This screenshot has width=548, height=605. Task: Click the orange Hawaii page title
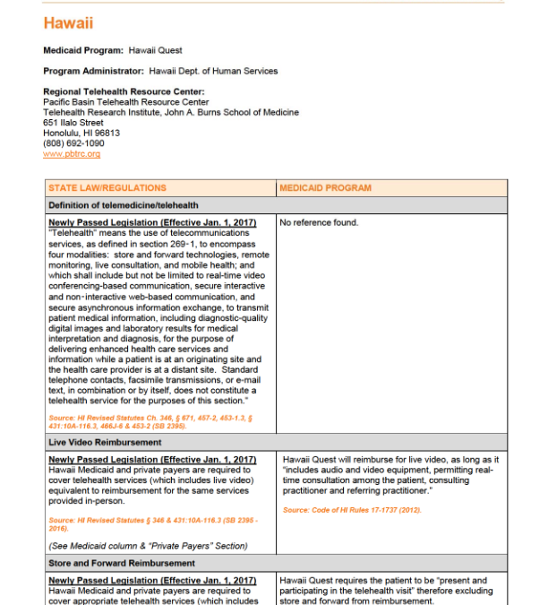68,23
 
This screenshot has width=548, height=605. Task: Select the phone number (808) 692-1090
73,143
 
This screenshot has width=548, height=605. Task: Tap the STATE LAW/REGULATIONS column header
107,188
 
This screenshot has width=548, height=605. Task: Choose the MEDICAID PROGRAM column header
326,188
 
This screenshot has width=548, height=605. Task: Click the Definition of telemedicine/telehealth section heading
124,205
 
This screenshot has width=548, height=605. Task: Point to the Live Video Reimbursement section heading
105,443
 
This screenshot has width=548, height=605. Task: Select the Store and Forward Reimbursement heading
122,563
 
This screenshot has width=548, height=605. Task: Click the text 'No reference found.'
319,222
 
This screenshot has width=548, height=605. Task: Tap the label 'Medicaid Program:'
83,51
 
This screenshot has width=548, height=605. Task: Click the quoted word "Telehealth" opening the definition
71,231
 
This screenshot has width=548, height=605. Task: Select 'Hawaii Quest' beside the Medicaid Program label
155,51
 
